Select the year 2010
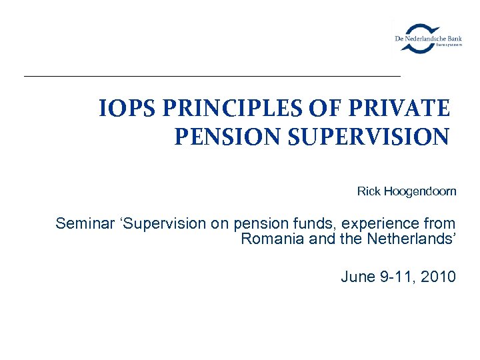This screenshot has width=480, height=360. (439, 277)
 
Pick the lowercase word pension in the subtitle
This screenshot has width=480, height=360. (263, 223)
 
